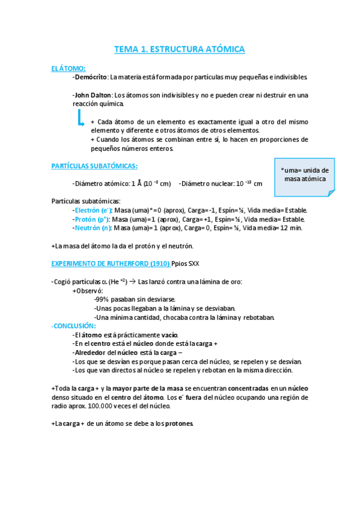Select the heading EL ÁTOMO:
pyautogui.click(x=69, y=69)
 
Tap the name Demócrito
pyautogui.click(x=91, y=78)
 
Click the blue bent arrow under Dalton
pyautogui.click(x=80, y=118)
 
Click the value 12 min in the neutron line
pyautogui.click(x=292, y=228)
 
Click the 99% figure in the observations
pyautogui.click(x=103, y=300)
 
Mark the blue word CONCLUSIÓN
pyautogui.click(x=70, y=325)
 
